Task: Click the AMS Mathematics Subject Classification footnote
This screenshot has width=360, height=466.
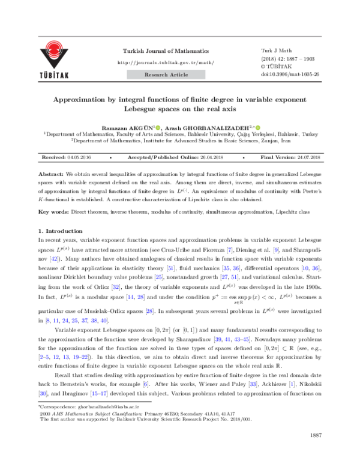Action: click(96, 414)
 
